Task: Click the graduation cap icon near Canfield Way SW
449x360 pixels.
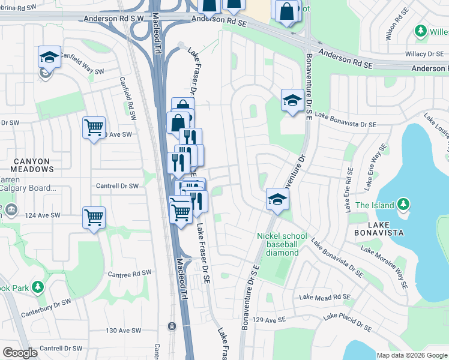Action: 49,58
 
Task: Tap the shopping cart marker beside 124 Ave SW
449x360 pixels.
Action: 94,218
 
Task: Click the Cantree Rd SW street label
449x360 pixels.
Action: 129,274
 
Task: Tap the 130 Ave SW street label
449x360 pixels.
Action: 123,331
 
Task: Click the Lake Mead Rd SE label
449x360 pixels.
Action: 324,297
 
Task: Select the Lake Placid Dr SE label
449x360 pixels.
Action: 347,323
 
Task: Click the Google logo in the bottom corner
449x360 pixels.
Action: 20,353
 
